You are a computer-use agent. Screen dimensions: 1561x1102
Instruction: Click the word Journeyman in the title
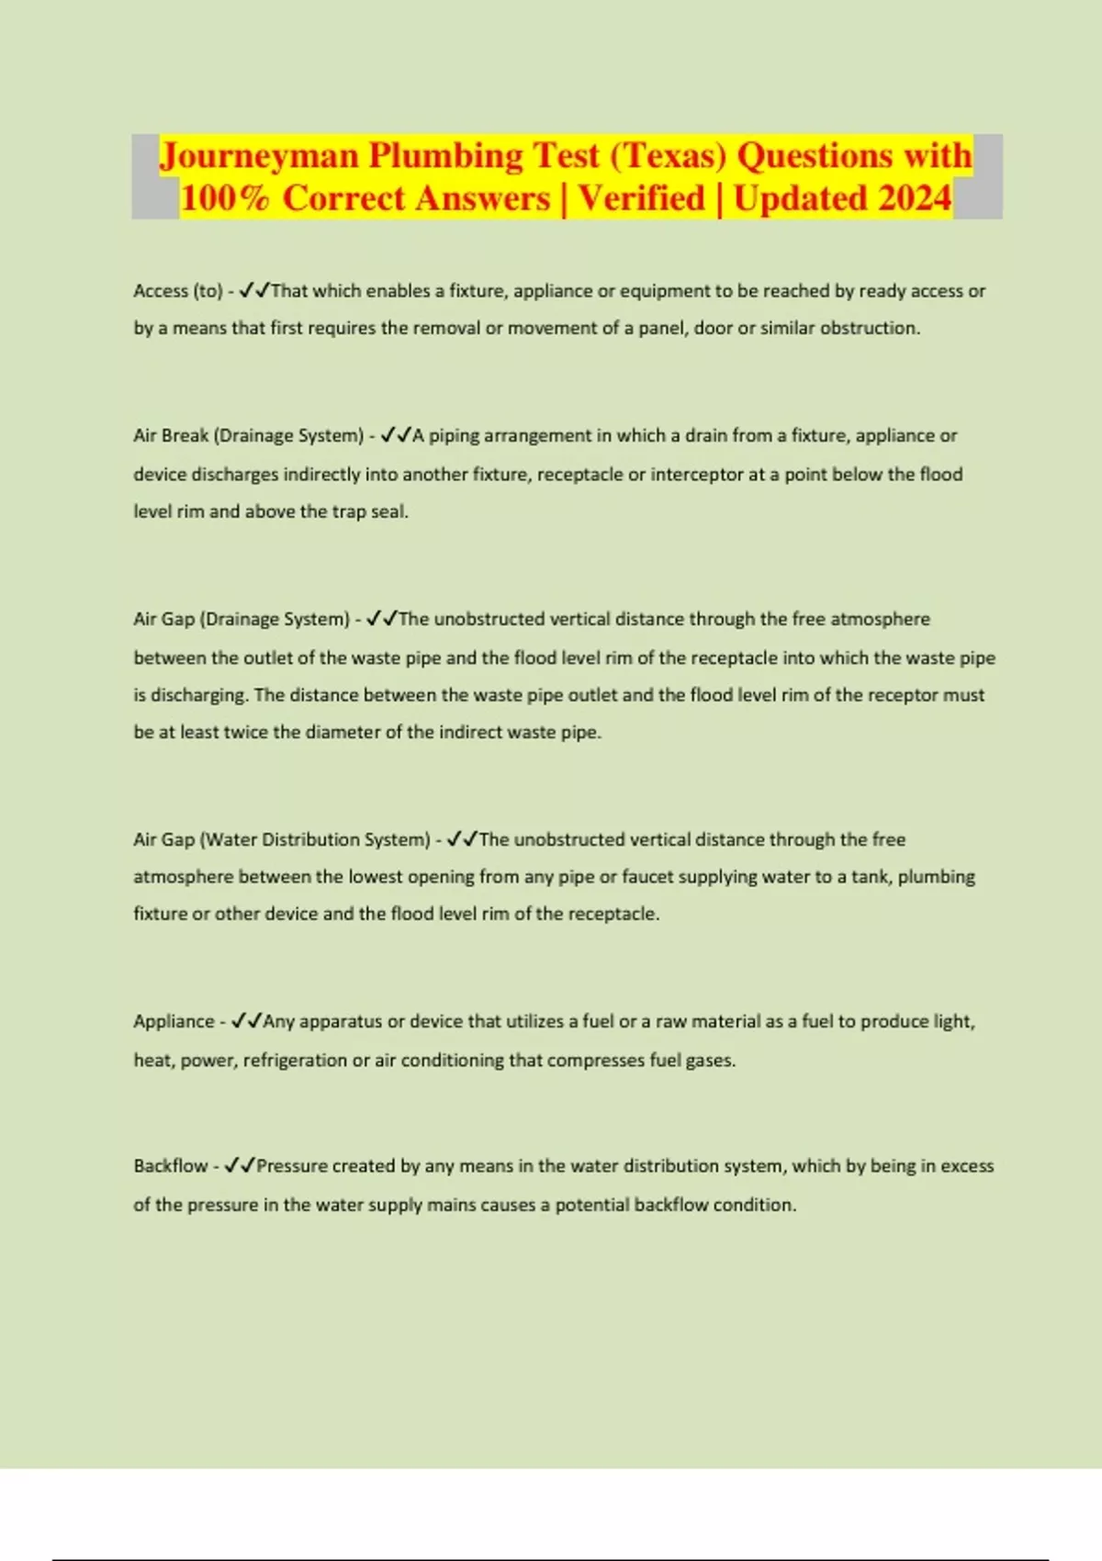point(259,156)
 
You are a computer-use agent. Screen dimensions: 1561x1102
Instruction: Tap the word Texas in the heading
point(668,156)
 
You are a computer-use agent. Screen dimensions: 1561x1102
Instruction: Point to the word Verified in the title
point(641,198)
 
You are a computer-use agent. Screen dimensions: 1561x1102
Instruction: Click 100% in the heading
point(224,198)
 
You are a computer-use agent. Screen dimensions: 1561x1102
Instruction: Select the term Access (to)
point(178,291)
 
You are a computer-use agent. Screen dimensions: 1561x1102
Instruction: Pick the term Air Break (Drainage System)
point(249,435)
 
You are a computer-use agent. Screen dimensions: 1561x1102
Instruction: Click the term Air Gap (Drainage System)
point(242,619)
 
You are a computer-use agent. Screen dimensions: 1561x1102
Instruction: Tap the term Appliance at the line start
point(174,1021)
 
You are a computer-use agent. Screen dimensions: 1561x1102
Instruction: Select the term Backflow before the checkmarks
point(171,1166)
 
